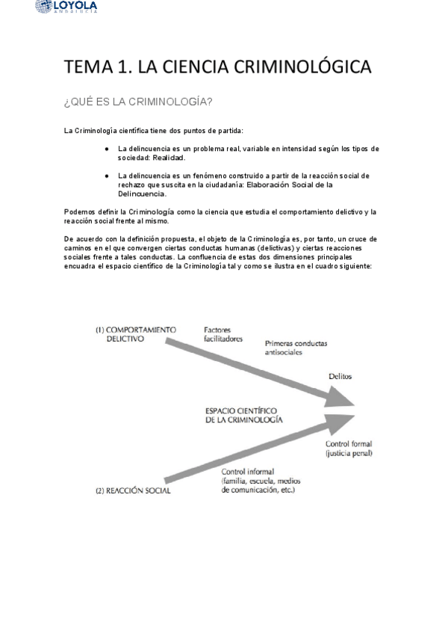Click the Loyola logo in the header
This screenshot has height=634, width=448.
pos(65,7)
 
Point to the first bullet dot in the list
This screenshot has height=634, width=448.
pos(108,149)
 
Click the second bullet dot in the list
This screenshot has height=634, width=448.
pos(108,176)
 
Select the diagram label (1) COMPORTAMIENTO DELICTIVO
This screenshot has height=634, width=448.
pos(136,333)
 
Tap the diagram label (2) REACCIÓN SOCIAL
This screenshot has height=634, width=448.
pos(134,491)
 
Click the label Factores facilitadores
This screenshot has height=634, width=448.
pos(224,333)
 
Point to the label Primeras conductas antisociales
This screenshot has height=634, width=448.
pos(296,348)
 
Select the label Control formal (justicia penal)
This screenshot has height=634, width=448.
pos(349,449)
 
